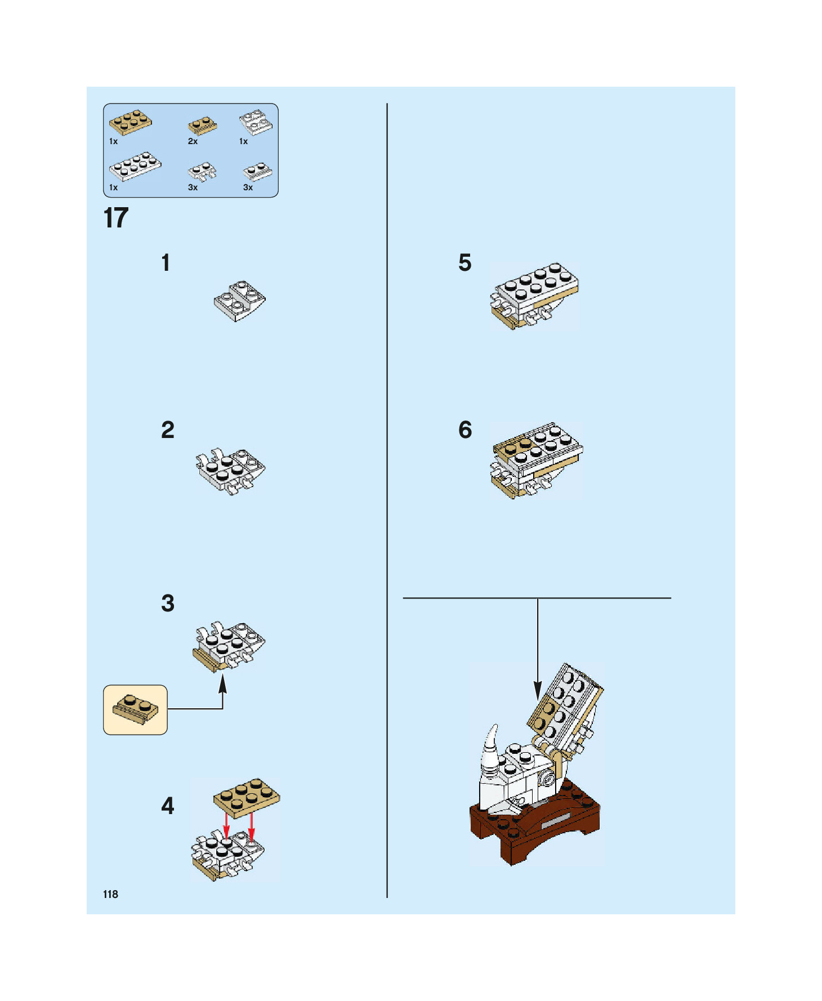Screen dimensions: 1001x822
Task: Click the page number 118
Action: (110, 894)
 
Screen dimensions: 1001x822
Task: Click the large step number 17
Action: (116, 218)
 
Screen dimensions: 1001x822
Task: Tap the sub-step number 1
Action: (166, 263)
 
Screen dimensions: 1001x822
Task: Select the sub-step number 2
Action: (167, 430)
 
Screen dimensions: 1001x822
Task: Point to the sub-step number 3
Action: (167, 603)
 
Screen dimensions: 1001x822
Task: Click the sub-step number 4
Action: (167, 806)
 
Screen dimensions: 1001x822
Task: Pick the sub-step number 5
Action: (464, 263)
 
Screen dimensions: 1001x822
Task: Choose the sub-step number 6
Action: (465, 430)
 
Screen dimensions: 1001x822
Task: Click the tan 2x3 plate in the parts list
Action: (130, 122)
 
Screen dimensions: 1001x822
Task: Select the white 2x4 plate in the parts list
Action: (135, 167)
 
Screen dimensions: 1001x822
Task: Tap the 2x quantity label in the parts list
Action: (193, 141)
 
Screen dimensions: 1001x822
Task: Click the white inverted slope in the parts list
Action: (256, 122)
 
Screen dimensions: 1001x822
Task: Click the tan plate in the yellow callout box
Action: (136, 709)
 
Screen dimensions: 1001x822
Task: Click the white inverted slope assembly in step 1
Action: (240, 301)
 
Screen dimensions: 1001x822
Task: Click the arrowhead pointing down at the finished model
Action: (538, 690)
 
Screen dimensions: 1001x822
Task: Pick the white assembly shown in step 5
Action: (534, 295)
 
